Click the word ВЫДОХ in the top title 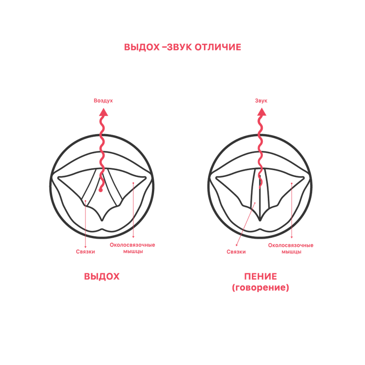tap(142, 47)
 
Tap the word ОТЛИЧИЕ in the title tap(218, 47)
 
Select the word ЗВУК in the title tap(179, 47)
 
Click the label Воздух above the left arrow tap(103, 100)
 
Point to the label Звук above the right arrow tap(261, 100)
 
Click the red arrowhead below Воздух tap(104, 112)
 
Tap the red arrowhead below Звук tap(261, 112)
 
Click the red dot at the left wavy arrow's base tap(100, 190)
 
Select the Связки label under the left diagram tap(85, 252)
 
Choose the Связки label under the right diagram tap(236, 252)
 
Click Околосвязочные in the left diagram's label tap(132, 245)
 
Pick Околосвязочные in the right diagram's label tap(291, 245)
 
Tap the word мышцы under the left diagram tap(133, 252)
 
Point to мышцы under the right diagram tap(292, 252)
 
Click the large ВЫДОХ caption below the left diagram tap(102, 276)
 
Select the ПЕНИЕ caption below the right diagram tap(261, 276)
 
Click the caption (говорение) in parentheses tap(261, 288)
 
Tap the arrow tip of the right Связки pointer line tap(236, 245)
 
